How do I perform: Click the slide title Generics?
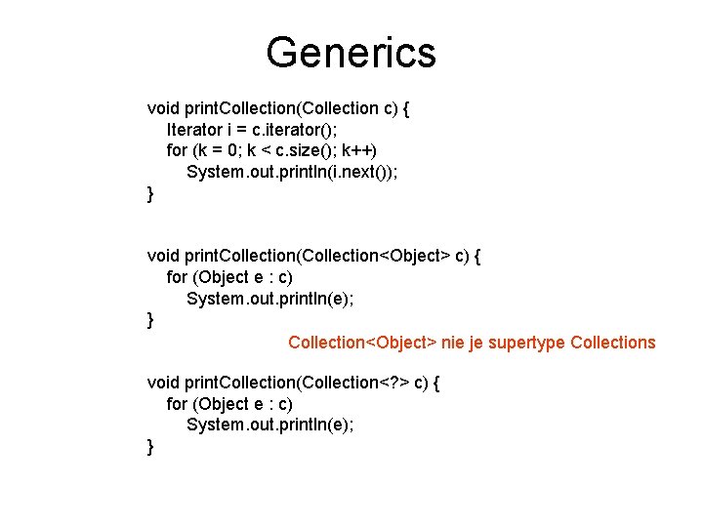coord(351,52)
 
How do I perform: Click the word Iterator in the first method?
coord(193,129)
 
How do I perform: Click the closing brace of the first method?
coord(150,193)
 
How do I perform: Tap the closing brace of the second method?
coord(150,319)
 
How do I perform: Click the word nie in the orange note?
coord(453,343)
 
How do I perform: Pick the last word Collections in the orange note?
coord(612,343)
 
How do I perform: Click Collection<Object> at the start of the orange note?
coord(362,343)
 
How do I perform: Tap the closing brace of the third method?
coord(150,446)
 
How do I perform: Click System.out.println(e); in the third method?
coord(269,425)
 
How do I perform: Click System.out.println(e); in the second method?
coord(269,299)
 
